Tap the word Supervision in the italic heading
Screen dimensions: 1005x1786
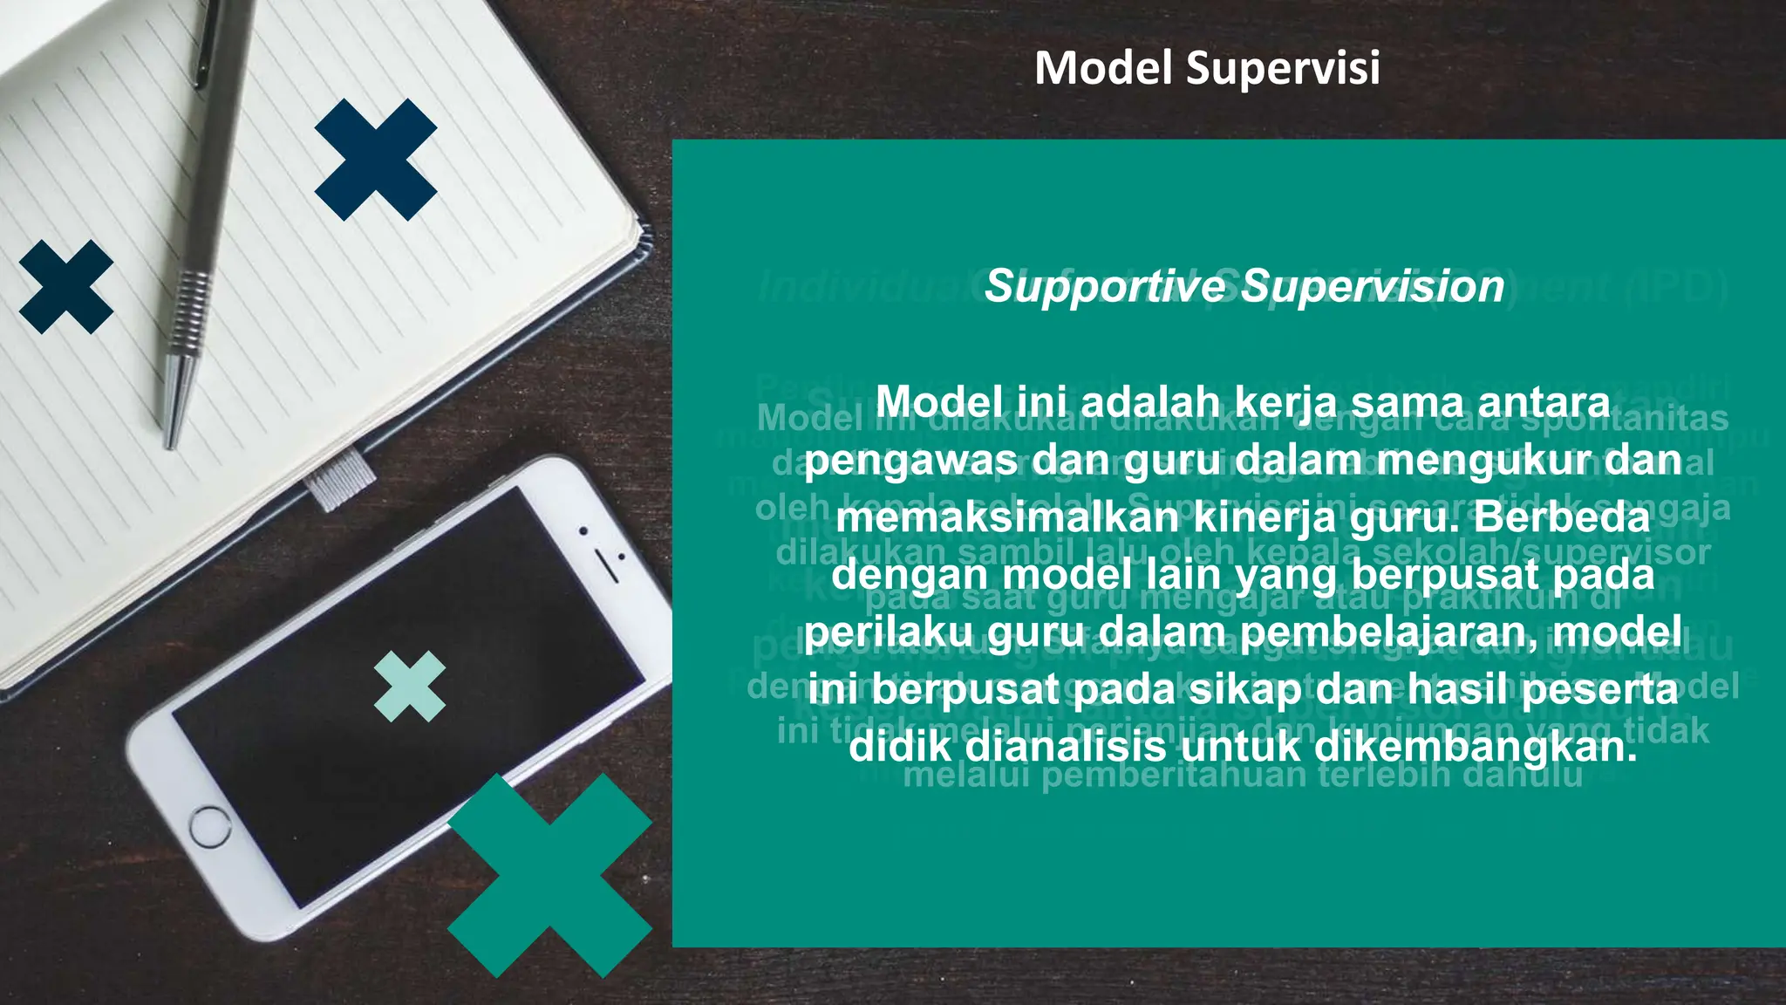(1373, 286)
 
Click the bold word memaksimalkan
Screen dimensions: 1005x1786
(1007, 518)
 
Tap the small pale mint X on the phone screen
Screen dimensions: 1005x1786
(409, 687)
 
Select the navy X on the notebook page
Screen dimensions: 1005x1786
(376, 160)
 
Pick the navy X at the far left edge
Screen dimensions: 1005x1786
(66, 287)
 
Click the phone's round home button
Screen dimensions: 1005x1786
(210, 826)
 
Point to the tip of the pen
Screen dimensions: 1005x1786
(170, 443)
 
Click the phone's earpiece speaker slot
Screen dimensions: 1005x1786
(607, 566)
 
